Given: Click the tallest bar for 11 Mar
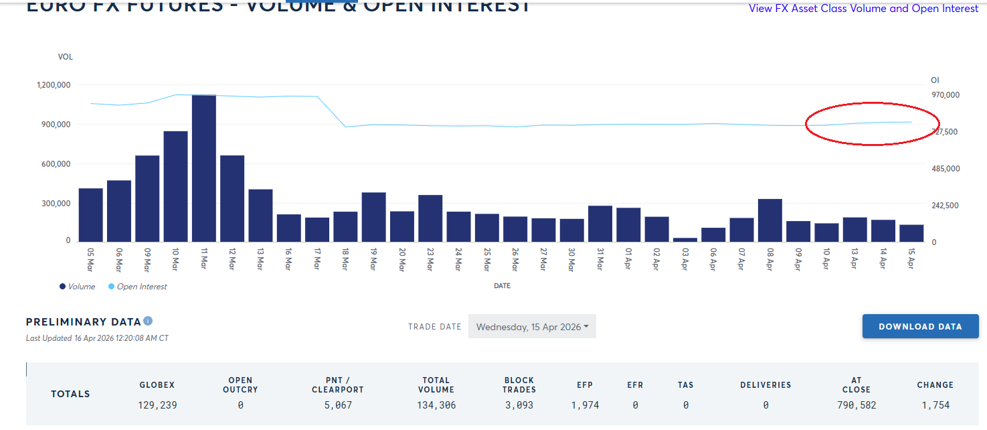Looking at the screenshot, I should tap(203, 168).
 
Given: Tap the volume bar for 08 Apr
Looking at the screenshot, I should tap(770, 220).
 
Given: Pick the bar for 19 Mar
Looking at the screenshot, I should tap(373, 217).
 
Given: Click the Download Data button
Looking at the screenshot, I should tap(920, 326).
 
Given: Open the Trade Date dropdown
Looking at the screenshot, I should tap(532, 327).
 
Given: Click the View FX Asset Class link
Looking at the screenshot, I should tap(863, 9).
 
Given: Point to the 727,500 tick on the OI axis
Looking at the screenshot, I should tap(946, 132).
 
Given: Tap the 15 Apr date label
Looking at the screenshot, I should tap(911, 259).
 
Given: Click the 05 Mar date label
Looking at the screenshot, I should tap(90, 259).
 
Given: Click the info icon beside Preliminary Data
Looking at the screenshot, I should tap(148, 321).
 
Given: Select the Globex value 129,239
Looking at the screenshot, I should tap(157, 405).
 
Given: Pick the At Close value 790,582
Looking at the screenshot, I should tap(856, 405).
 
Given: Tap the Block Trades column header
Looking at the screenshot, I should tap(519, 384).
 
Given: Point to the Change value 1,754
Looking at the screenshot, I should tap(935, 405).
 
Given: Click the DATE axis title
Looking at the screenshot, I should tap(502, 286).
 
